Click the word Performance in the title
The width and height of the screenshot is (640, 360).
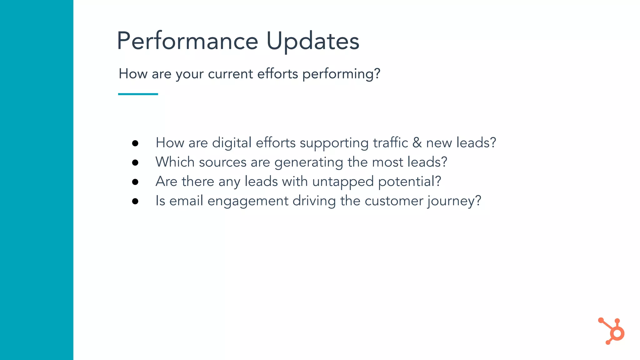click(x=187, y=41)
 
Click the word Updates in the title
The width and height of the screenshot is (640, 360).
click(x=313, y=41)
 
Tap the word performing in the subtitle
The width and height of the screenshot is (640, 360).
click(x=341, y=74)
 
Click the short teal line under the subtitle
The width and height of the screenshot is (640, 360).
click(x=138, y=94)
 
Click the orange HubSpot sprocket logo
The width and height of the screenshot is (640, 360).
click(x=612, y=331)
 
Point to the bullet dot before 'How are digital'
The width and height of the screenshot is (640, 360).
click(x=135, y=143)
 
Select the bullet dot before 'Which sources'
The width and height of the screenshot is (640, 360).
click(x=135, y=162)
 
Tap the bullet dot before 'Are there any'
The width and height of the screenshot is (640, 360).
click(x=135, y=182)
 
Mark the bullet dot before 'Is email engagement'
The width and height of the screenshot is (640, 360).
click(x=135, y=201)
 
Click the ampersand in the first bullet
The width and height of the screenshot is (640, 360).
click(x=417, y=143)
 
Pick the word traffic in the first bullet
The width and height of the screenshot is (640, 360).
click(x=390, y=143)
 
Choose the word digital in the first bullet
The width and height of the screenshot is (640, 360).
click(x=232, y=143)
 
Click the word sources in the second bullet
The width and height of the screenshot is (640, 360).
click(x=222, y=162)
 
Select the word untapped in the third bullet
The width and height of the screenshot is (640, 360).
click(x=343, y=182)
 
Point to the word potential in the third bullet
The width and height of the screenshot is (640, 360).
click(x=409, y=182)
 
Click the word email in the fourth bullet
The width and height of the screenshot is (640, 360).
click(x=186, y=201)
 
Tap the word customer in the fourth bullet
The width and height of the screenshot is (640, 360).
click(x=394, y=201)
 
